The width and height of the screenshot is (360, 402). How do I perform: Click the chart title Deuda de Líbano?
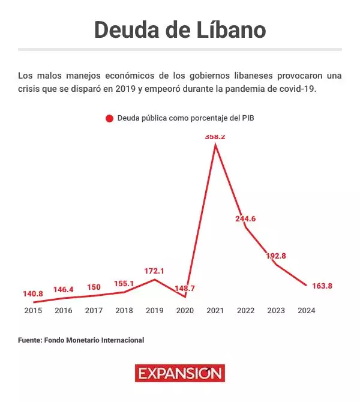(x=180, y=29)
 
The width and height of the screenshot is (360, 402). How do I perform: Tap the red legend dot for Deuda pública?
(x=109, y=118)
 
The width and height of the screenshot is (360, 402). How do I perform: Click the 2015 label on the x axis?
(x=33, y=311)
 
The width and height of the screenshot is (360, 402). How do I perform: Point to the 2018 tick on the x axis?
(x=124, y=311)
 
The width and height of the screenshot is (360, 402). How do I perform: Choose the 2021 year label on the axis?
(x=215, y=311)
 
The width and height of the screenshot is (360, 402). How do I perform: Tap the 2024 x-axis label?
(x=306, y=311)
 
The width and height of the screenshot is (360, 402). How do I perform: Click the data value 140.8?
(x=33, y=293)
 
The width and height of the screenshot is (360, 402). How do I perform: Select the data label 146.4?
(x=64, y=289)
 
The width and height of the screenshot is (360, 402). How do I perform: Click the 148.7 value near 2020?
(x=185, y=289)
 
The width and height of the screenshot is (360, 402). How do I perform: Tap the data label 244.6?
(x=245, y=218)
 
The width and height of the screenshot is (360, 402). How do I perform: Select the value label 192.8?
(x=276, y=256)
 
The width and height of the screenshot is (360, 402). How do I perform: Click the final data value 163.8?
(x=322, y=286)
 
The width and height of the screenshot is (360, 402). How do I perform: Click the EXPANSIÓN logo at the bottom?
(x=179, y=373)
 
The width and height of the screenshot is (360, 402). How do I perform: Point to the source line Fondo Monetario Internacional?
(x=81, y=340)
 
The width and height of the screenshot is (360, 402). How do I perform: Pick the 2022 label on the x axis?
(x=245, y=311)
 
